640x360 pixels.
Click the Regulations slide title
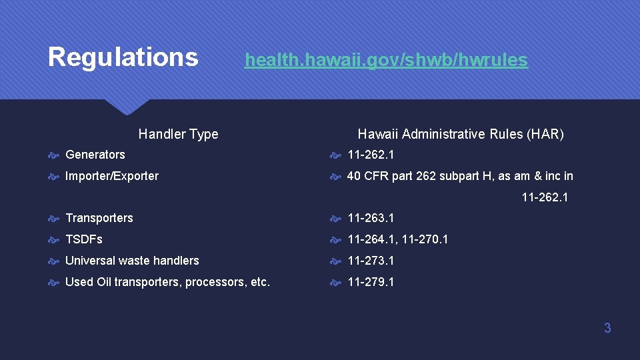coord(123,57)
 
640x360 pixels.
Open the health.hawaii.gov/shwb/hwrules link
coord(386,60)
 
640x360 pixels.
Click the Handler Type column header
coord(178,134)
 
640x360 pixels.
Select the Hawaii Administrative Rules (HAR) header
coord(461,134)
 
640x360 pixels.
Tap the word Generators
coord(95,155)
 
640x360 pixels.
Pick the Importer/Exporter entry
coord(112,176)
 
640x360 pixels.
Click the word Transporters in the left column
coord(99,218)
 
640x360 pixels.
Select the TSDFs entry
coord(84,239)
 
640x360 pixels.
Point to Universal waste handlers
coord(132,261)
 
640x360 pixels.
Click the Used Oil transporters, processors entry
coord(167,282)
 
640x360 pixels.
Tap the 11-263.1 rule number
coord(371,218)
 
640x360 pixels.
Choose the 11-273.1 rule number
coord(371,261)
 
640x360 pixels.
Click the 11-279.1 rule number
coord(371,282)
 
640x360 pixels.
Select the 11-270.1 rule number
coord(425,239)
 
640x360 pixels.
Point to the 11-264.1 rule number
coord(372,239)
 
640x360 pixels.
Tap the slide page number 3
coord(607,328)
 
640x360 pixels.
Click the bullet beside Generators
coord(55,155)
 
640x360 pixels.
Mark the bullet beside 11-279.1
coord(337,283)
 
